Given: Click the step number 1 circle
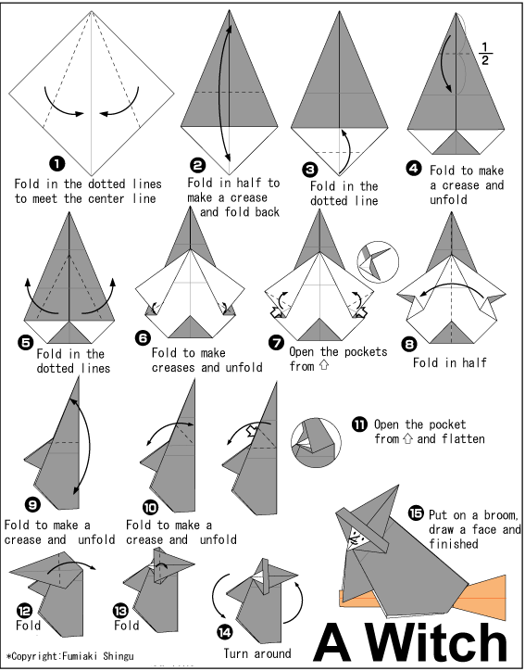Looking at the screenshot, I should pyautogui.click(x=57, y=164).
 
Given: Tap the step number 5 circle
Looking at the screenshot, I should pyautogui.click(x=26, y=342).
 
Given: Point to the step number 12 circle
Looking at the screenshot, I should pyautogui.click(x=23, y=609).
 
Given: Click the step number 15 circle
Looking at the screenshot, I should pyautogui.click(x=416, y=513).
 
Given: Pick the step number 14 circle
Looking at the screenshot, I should pyautogui.click(x=226, y=632).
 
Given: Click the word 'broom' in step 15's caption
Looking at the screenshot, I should pyautogui.click(x=495, y=515).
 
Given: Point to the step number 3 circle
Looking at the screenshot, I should pyautogui.click(x=309, y=170).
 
